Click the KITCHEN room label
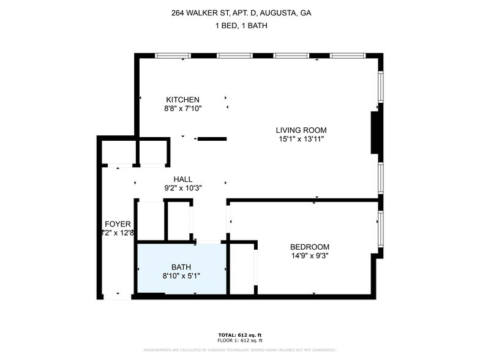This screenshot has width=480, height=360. pos(182,100)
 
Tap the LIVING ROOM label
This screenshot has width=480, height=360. pos(301,130)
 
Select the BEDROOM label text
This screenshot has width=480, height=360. pos(309,247)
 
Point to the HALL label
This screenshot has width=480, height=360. pos(183,179)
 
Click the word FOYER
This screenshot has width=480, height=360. pos(118,224)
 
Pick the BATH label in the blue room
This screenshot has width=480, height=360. pos(181,267)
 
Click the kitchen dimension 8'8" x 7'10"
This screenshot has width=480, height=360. pos(182,108)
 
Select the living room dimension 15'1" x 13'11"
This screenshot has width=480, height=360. pos(301,139)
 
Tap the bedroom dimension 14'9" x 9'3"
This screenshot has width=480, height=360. pos(309,257)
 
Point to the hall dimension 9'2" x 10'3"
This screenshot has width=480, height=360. pos(183,188)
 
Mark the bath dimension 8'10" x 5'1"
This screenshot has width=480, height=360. pos(181,276)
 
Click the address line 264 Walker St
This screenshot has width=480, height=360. pos(240,13)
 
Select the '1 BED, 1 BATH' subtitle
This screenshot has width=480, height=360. pos(240,26)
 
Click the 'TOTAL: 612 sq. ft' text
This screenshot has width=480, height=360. pos(240,335)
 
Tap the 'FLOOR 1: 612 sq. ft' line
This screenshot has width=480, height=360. pos(240,340)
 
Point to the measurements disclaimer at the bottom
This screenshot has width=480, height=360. pos(240,350)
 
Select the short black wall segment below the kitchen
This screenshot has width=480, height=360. pos(212,139)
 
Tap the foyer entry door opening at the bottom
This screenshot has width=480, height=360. pos(117,297)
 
